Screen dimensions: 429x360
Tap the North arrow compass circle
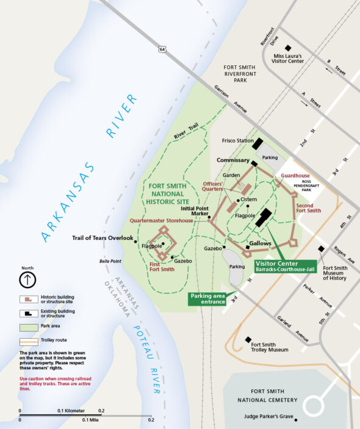click(x=27, y=280)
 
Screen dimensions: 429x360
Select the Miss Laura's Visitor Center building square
click(x=289, y=48)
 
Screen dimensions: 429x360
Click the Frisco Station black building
click(x=257, y=144)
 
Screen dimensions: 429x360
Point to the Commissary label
click(x=234, y=160)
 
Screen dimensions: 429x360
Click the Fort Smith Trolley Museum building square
click(x=248, y=339)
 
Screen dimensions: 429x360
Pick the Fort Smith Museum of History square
click(x=321, y=248)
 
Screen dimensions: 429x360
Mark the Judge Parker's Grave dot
click(x=295, y=419)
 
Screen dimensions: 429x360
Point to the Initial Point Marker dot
click(x=209, y=217)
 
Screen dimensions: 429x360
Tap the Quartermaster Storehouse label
click(x=160, y=220)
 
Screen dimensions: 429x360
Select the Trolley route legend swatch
click(x=27, y=339)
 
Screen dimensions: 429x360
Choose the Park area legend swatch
click(x=27, y=326)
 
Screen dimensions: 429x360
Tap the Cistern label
click(x=249, y=200)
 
